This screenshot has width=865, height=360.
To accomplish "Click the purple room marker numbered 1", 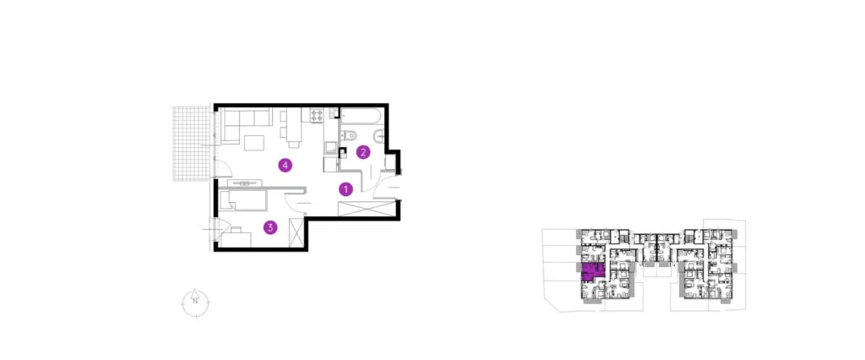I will [345, 189].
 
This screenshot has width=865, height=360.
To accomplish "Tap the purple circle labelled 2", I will [363, 152].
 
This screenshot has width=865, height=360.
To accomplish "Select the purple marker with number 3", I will [269, 226].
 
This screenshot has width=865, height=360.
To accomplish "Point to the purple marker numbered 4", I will [286, 165].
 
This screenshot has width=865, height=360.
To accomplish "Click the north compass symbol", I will [194, 300].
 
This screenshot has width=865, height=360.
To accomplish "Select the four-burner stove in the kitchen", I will [318, 115].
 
